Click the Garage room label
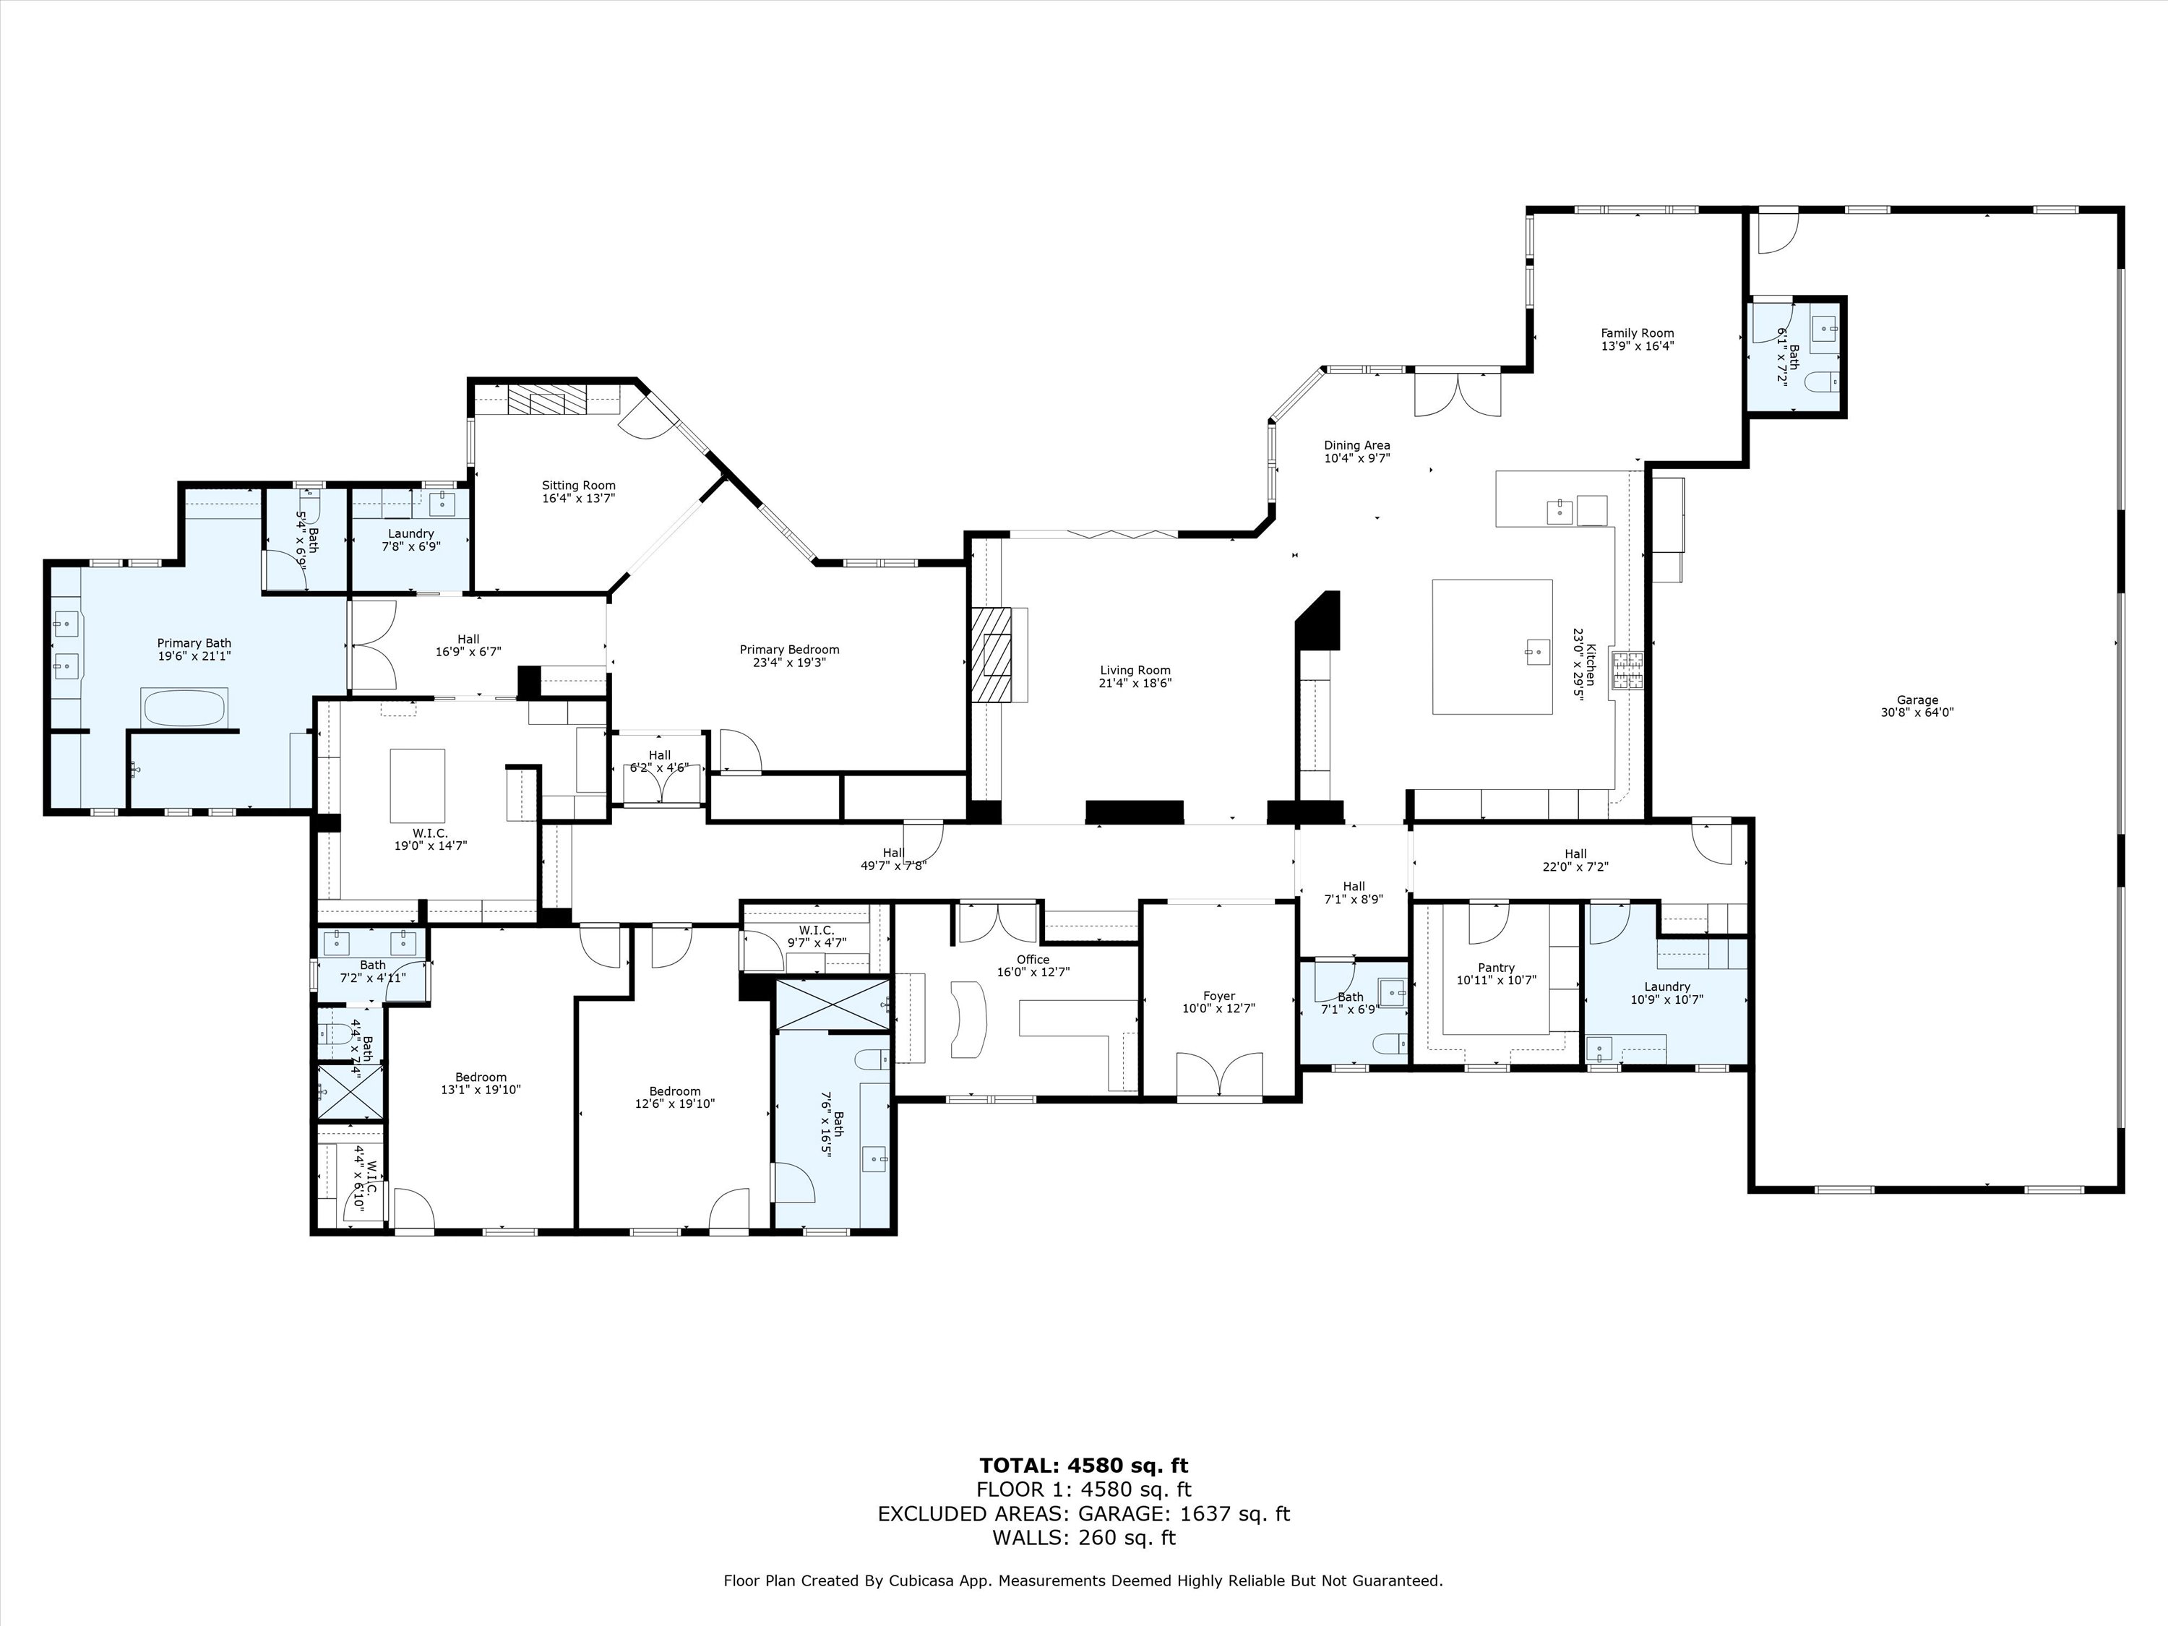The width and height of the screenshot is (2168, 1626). [x=1917, y=700]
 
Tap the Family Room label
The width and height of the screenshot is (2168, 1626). [x=1638, y=333]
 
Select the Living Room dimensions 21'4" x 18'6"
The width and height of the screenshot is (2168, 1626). [x=1135, y=683]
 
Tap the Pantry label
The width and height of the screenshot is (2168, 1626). [x=1497, y=968]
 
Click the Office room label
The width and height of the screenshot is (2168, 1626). [x=1033, y=960]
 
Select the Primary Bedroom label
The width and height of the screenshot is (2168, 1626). [x=789, y=649]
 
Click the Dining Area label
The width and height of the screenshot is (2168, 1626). [x=1356, y=445]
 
